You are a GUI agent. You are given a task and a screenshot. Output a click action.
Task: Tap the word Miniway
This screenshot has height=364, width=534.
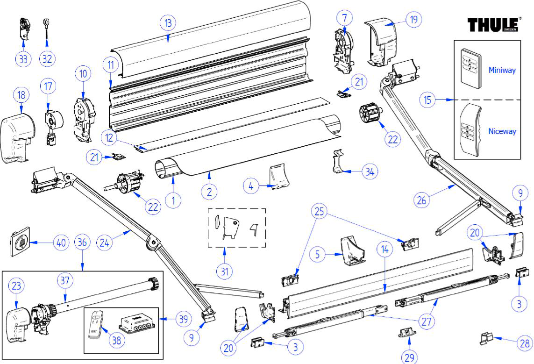pyautogui.click(x=502, y=70)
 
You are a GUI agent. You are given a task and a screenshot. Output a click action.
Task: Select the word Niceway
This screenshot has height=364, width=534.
pyautogui.click(x=502, y=131)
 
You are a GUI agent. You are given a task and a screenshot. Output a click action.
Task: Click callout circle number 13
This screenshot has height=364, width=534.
pyautogui.click(x=167, y=23)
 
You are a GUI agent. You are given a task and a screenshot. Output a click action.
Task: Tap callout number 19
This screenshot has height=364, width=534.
pyautogui.click(x=413, y=20)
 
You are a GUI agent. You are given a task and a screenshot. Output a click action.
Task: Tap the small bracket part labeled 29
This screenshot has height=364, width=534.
pyautogui.click(x=407, y=333)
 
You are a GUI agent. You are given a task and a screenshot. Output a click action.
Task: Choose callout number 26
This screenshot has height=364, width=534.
pyautogui.click(x=422, y=200)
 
